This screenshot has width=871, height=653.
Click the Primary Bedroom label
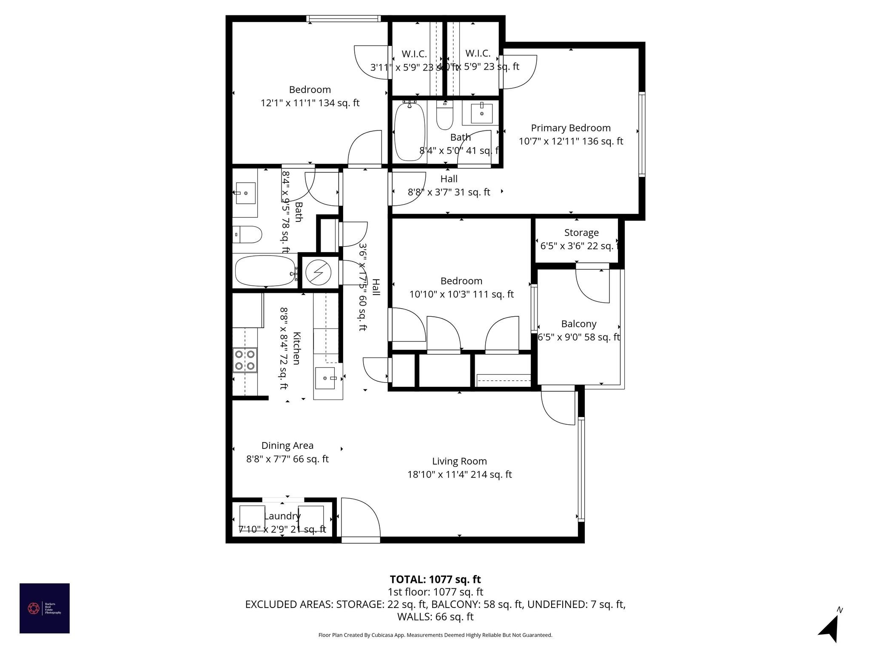(x=570, y=128)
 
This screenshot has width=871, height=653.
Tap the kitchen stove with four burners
(x=245, y=360)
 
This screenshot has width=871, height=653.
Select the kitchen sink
(x=326, y=378)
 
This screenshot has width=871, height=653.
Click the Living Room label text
(x=459, y=461)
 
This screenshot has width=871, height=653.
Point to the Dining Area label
(x=287, y=446)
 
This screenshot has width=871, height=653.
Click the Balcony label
(x=578, y=324)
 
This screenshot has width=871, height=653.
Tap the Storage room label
(x=581, y=233)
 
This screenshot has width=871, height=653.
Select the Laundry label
(x=282, y=516)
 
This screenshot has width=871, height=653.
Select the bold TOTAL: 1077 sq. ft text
(x=435, y=579)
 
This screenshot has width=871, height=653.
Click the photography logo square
(x=45, y=608)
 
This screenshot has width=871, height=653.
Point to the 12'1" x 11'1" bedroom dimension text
(x=310, y=103)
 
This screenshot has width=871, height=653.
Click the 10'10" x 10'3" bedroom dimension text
(x=461, y=294)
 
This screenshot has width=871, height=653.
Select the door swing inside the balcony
(x=593, y=286)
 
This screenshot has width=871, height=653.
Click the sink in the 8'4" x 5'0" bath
(x=481, y=113)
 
